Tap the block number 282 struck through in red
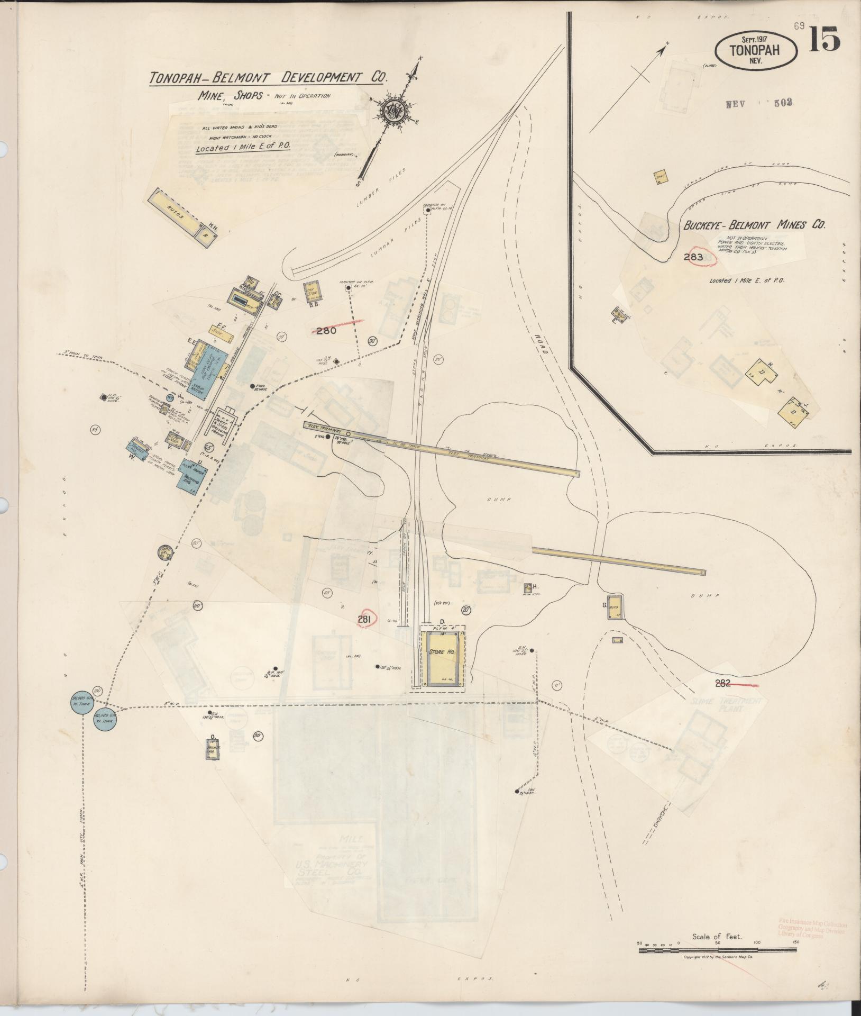(724, 683)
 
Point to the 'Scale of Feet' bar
(717, 950)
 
